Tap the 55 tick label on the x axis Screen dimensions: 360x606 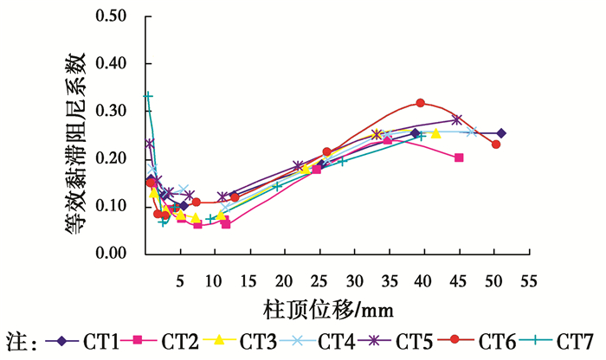coord(529,282)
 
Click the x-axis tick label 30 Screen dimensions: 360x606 coord(354,282)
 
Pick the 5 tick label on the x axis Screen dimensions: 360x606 coord(180,282)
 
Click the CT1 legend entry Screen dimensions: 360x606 coord(98,341)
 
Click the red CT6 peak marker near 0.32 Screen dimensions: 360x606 coord(421,103)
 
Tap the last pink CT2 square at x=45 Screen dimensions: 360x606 coord(459,157)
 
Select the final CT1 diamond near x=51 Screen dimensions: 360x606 coord(500,133)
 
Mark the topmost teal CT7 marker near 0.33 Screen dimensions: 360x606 coord(147,95)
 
